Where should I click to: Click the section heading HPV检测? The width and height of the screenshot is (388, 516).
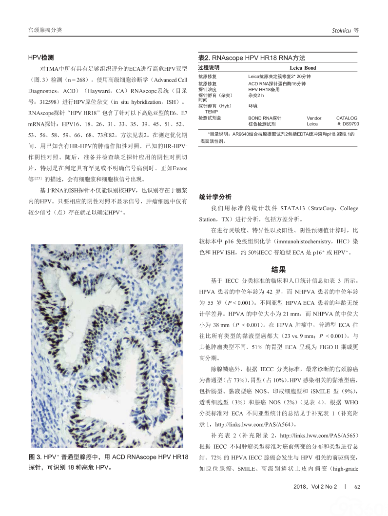click(40, 57)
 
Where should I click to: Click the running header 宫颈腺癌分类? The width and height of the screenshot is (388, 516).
click(45, 30)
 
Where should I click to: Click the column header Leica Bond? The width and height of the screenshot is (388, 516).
click(303, 68)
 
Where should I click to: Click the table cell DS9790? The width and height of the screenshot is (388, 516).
click(351, 124)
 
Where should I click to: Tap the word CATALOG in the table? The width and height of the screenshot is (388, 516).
click(347, 118)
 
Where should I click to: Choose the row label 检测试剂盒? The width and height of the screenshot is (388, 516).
click(210, 118)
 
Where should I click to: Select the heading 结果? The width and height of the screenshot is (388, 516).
click(278, 269)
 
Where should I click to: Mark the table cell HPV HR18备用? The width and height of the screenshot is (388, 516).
click(265, 89)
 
